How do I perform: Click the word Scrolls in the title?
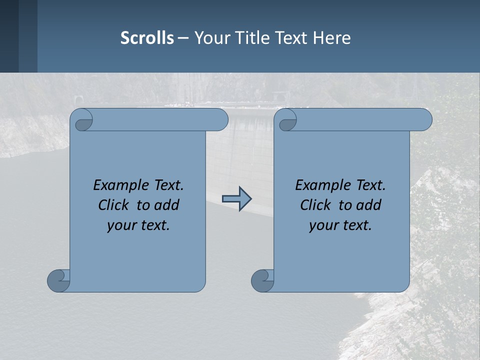pyautogui.click(x=147, y=38)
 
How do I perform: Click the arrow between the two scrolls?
pyautogui.click(x=236, y=199)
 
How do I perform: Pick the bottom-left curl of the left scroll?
pyautogui.click(x=58, y=280)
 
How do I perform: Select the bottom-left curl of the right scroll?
pyautogui.click(x=262, y=280)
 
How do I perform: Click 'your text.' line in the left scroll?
pyautogui.click(x=138, y=225)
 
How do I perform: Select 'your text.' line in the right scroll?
pyautogui.click(x=340, y=225)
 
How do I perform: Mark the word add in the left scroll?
pyautogui.click(x=166, y=205)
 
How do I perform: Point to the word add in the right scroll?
pyautogui.click(x=368, y=205)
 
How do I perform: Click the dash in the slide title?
pyautogui.click(x=183, y=38)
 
